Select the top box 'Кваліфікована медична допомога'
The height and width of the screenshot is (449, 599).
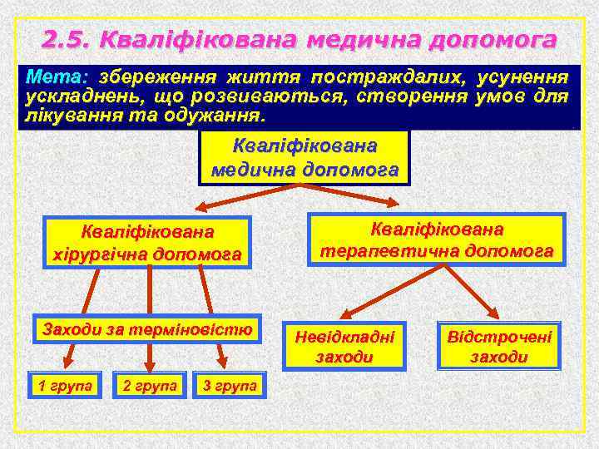pos(304,158)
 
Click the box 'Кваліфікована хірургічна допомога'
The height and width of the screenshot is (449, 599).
pos(146,242)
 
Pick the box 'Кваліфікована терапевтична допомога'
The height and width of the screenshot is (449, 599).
pos(437,239)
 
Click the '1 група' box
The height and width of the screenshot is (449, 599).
pos(63,385)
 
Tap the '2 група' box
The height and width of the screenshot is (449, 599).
pos(149,385)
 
